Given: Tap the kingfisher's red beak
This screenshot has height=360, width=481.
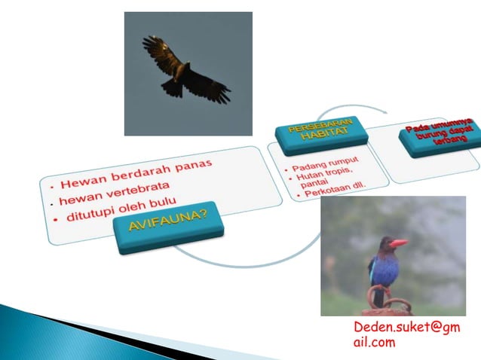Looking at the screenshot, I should tap(397, 243).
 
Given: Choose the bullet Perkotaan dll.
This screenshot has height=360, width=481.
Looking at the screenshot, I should tap(332, 191).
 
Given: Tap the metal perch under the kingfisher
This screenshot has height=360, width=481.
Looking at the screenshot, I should tap(388, 306).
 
